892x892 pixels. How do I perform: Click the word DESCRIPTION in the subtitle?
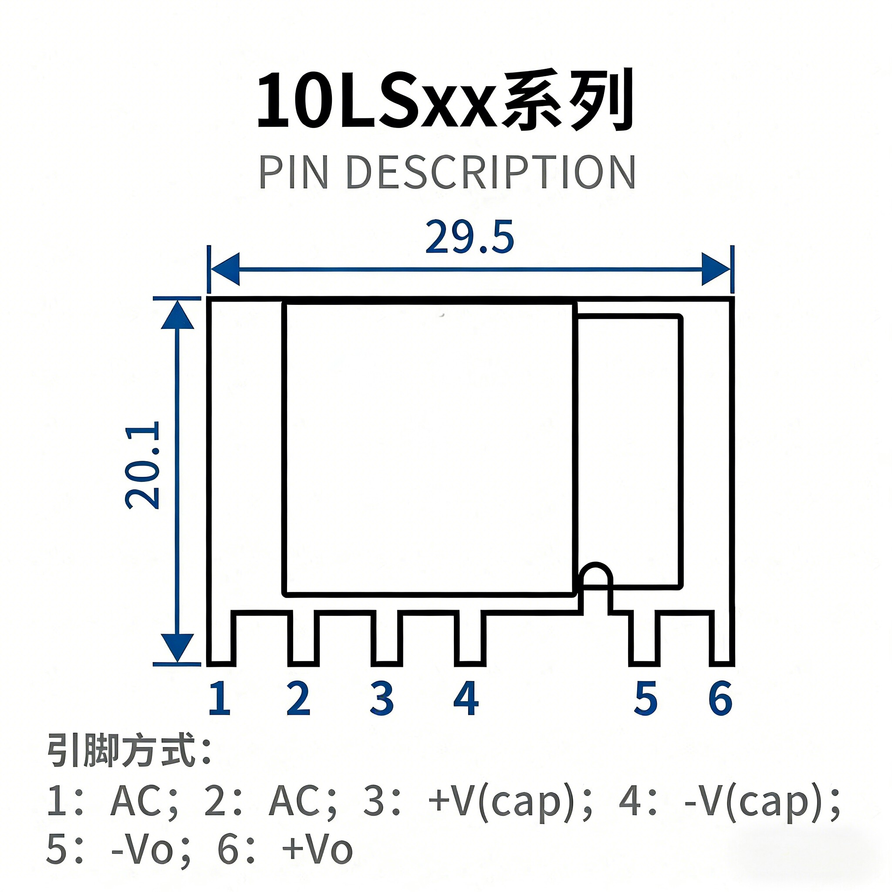click(491, 172)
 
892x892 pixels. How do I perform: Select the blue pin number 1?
click(220, 699)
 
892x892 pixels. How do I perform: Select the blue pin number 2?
click(299, 699)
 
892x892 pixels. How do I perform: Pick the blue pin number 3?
click(382, 699)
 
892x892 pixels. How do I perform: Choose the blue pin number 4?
click(466, 699)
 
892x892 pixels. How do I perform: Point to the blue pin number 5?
click(645, 699)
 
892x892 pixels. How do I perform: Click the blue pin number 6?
click(720, 699)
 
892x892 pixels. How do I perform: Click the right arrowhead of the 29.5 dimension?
click(716, 269)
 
